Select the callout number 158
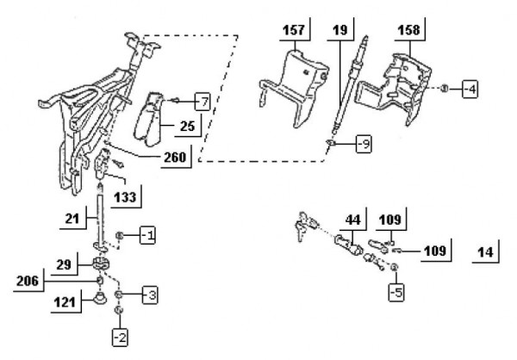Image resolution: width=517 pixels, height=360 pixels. point(409,31)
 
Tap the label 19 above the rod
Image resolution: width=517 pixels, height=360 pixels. point(339,31)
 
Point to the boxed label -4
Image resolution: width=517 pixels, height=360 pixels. point(469,89)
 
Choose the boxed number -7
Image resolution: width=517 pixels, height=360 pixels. point(201,101)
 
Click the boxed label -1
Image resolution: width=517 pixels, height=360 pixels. point(148,235)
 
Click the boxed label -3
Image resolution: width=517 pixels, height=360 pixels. point(149,295)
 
